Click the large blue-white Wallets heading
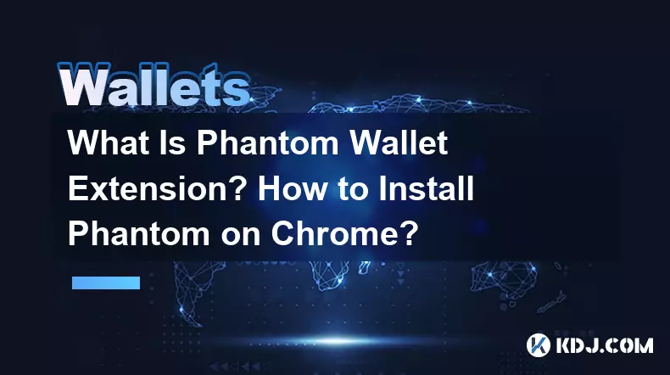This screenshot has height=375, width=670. click(153, 85)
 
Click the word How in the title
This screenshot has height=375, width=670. click(292, 188)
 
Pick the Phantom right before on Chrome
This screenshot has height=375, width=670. click(139, 233)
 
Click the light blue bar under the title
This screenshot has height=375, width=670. click(106, 283)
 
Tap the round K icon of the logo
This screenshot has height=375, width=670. click(538, 345)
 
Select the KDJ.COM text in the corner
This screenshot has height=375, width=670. click(604, 345)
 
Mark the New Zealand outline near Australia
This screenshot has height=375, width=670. click(552, 302)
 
